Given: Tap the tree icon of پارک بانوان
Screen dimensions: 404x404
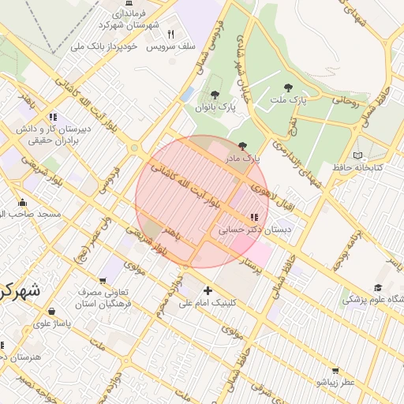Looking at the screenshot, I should point(215,94).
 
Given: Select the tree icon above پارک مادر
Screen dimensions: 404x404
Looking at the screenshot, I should point(242,146).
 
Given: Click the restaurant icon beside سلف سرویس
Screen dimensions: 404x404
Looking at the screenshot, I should point(170,34).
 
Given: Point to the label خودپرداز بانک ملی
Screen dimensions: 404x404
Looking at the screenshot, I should point(104,47).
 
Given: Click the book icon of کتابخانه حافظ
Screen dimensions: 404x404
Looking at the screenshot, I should point(359,155).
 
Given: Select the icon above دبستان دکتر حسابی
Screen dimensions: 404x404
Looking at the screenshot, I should point(254,216).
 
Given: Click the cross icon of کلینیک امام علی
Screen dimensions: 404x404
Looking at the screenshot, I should point(208,290).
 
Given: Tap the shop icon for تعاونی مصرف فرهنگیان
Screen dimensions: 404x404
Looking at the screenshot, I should point(103,280).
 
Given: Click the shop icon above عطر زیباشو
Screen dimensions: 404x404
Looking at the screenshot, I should point(335,370).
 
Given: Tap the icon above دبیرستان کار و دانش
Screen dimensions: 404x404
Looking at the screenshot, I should point(53,116).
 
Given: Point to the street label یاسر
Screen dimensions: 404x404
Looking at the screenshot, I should point(392,263).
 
